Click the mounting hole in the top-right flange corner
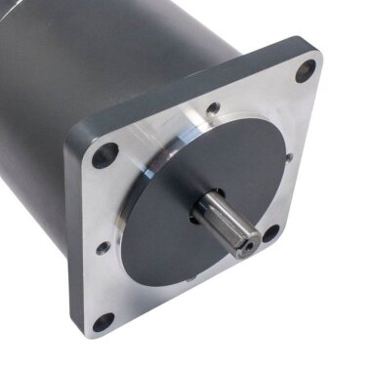pyautogui.click(x=306, y=69)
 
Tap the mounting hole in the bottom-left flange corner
pyautogui.click(x=103, y=321)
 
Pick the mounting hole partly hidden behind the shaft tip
pyautogui.click(x=270, y=232)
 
